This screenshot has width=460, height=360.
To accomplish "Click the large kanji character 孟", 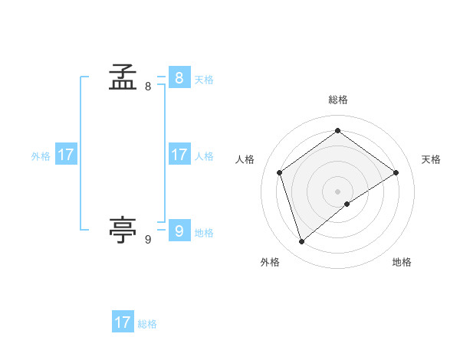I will coord(123,77).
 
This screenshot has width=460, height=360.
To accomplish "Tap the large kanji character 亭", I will coord(123,229).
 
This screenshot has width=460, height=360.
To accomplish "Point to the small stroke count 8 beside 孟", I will coord(148,87).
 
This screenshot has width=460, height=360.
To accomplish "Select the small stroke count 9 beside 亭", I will coord(148,240).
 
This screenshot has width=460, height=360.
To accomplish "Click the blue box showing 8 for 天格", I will coord(179,78).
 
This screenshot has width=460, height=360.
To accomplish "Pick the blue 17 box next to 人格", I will coord(179,155).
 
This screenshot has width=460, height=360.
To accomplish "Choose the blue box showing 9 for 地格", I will coord(179,231).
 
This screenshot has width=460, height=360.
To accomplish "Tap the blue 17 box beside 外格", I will coord(66,155).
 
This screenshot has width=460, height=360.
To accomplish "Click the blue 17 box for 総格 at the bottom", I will coord(123,322).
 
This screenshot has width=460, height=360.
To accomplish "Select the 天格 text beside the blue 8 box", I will coord(204,79).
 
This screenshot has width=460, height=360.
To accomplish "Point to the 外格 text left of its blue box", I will coord(41,155).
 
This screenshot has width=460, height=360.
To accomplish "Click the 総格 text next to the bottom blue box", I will coord(147,323).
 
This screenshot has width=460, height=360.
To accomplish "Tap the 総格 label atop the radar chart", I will coord(337,100).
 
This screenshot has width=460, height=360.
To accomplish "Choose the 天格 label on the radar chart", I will coord(431,159).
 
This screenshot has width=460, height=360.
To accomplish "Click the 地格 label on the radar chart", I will coord(402,262).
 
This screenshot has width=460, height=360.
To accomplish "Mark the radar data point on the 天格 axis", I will coord(396,172).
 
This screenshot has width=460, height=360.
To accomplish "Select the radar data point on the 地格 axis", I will coord(347,204).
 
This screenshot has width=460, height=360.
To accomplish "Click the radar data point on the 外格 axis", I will coord(301,242).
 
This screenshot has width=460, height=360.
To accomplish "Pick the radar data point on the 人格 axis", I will coord(280,172).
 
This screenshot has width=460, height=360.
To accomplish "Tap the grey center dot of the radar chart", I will coord(337,191).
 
